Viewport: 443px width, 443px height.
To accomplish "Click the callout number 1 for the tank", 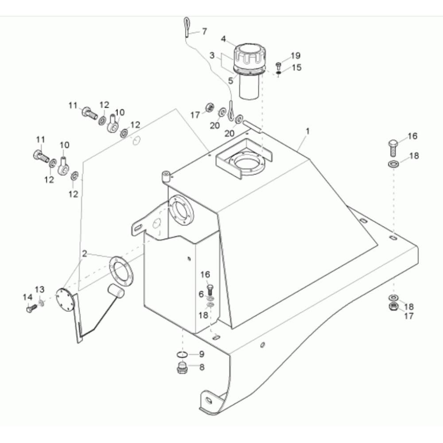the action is click(308, 131).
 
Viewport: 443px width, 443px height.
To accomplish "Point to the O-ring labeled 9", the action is click(183, 354).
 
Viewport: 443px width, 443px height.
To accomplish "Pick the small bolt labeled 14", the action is click(31, 308).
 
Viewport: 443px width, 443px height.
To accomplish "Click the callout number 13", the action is click(39, 290).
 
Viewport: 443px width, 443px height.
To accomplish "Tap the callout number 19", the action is click(295, 55).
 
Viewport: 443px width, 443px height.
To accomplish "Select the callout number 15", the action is click(297, 67).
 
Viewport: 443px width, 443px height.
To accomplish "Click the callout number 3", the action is click(212, 55).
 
